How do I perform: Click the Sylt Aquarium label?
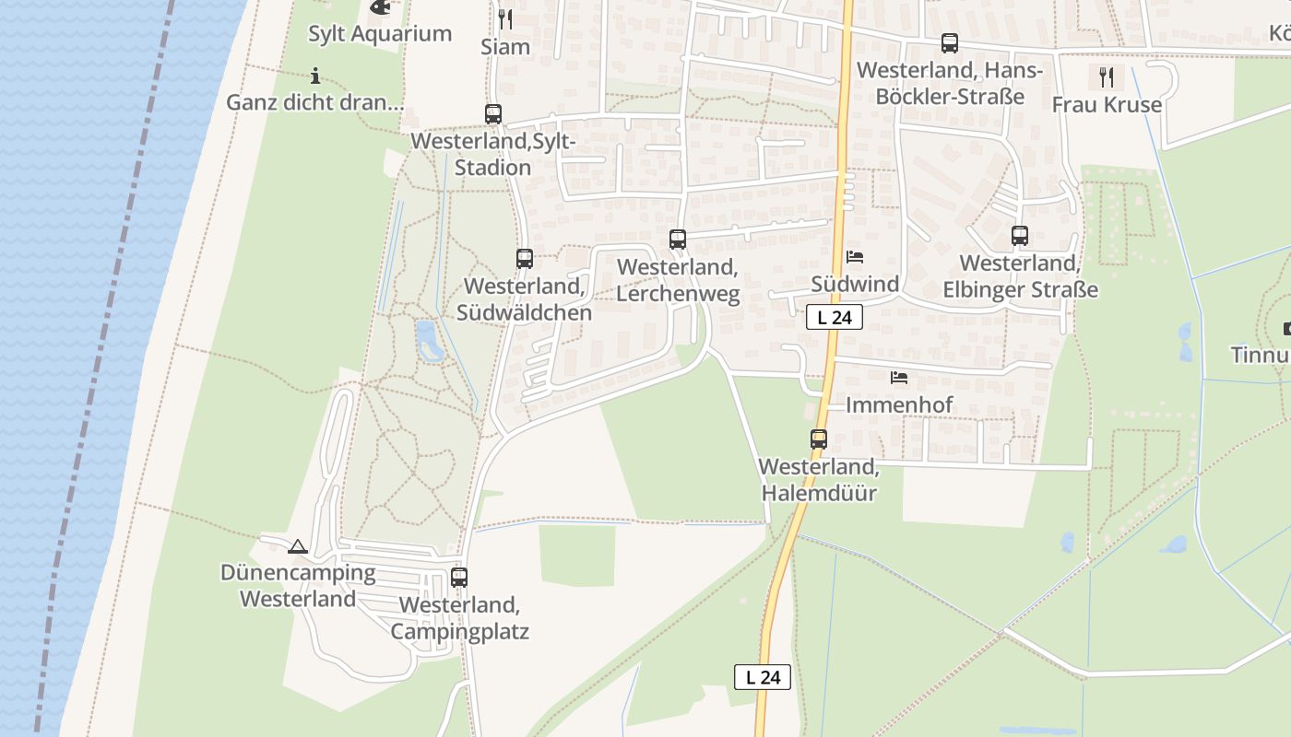[380, 34]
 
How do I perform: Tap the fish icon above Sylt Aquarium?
[379, 7]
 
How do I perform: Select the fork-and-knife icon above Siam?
[504, 18]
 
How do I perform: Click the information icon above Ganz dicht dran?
[315, 76]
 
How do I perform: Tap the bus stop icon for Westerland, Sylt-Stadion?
[493, 114]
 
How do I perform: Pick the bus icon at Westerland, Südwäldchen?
[525, 259]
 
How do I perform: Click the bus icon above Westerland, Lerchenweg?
[678, 240]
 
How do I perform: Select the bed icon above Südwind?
[855, 257]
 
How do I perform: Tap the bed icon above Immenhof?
[899, 378]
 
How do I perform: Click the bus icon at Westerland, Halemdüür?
[819, 439]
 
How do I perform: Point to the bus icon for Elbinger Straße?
[1019, 236]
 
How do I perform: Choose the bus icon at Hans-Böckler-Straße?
[949, 43]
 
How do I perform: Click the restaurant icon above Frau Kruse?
[1107, 76]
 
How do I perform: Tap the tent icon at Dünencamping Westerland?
[297, 547]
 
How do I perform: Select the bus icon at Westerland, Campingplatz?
[459, 578]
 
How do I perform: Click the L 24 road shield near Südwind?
[834, 318]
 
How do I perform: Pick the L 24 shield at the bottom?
[763, 677]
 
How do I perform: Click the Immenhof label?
[899, 405]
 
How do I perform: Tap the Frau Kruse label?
[1107, 105]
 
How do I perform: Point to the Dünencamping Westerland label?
[298, 586]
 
